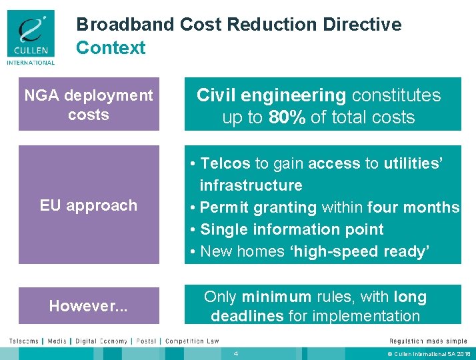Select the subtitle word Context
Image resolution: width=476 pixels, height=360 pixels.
point(111,48)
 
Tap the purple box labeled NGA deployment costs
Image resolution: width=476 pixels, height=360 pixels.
point(89,105)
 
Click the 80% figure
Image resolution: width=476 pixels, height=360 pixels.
point(287,118)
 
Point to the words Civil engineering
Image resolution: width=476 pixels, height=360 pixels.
point(271,95)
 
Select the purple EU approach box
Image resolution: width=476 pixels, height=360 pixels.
point(89,205)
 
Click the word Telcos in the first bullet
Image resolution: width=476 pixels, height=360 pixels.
point(225,163)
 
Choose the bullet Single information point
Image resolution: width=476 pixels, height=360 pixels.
point(291,229)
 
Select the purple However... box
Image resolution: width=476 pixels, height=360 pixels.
point(89,306)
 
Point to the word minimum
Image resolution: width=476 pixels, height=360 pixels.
point(276,297)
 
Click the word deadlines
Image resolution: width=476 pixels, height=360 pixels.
point(247,315)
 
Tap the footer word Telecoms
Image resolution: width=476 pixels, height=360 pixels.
point(23,341)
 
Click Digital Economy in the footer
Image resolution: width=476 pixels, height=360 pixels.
point(102,341)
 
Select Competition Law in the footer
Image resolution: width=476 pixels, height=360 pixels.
point(192,341)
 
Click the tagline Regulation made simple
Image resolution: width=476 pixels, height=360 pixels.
point(428,341)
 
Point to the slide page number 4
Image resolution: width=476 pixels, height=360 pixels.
point(236,353)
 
